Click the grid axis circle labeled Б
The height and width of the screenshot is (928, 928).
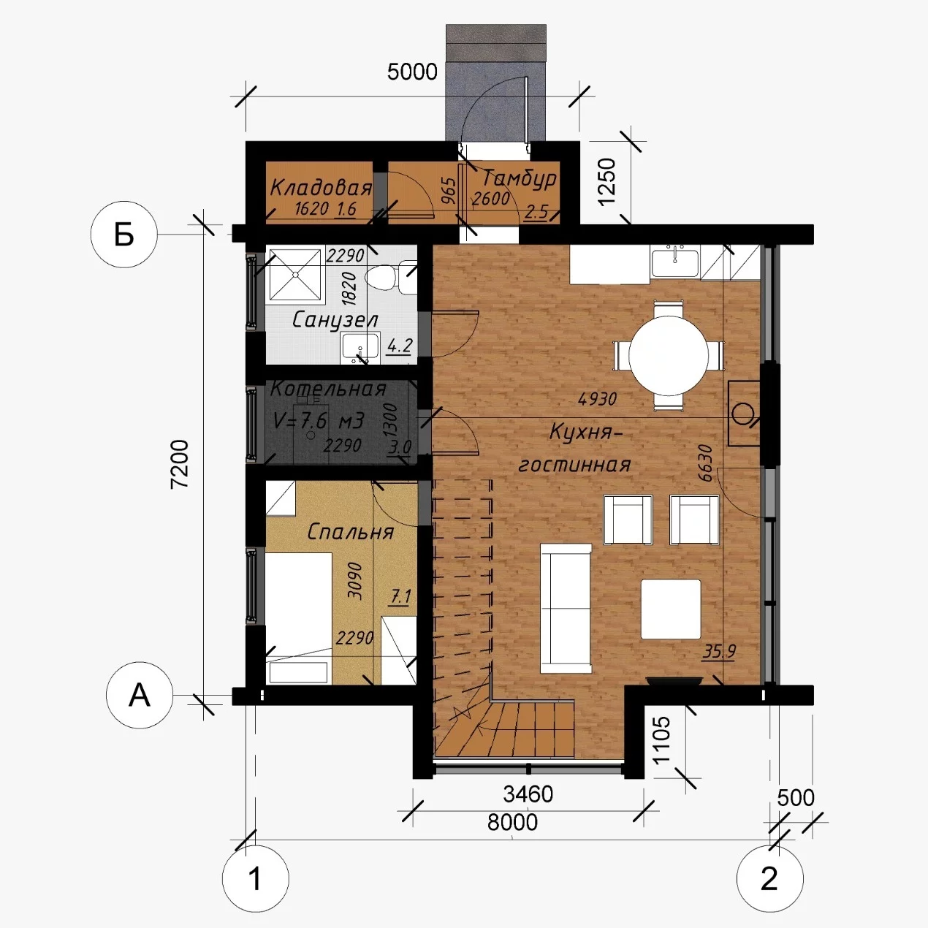click(124, 235)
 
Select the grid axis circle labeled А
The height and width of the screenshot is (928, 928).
click(139, 696)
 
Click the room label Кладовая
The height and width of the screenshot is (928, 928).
click(321, 187)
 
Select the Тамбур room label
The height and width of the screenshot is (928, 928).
click(519, 179)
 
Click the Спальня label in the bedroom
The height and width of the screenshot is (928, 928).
click(350, 532)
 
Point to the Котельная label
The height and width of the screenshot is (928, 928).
click(328, 389)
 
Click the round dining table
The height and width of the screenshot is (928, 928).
click(669, 356)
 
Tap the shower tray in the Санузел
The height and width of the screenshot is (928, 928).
click(294, 275)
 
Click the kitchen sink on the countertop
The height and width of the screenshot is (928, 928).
click(674, 261)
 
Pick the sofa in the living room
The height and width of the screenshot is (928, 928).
click(566, 609)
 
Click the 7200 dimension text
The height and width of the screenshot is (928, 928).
click(180, 464)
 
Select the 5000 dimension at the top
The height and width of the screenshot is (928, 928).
click(412, 72)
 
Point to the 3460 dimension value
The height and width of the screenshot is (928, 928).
click(528, 794)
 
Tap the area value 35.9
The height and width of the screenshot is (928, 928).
click(719, 652)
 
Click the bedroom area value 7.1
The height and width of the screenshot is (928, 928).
click(400, 598)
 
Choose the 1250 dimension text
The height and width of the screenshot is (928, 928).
click(606, 181)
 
